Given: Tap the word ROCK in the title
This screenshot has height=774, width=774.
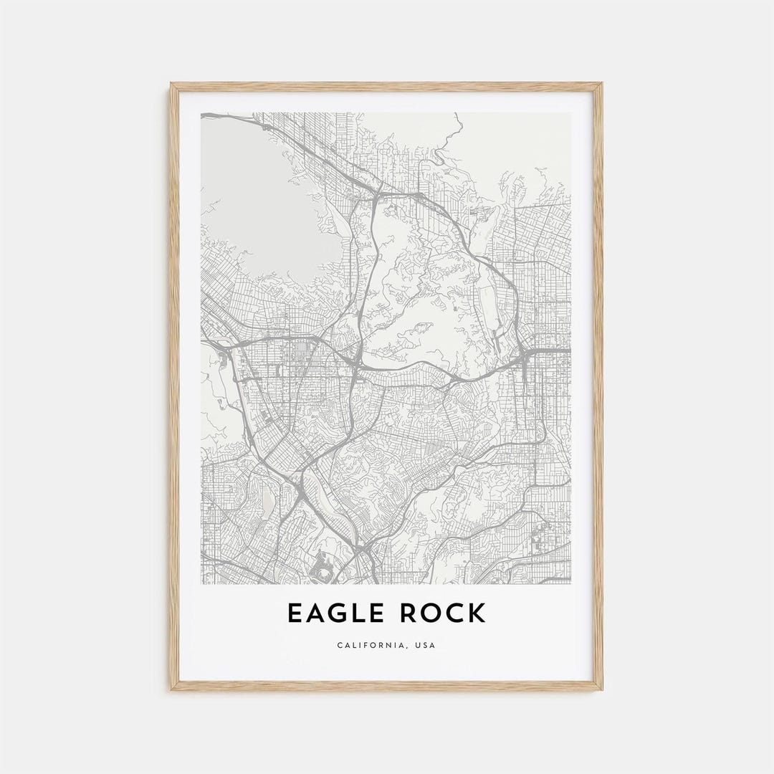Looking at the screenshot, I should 444,613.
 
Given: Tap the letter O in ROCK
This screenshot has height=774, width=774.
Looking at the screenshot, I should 432,613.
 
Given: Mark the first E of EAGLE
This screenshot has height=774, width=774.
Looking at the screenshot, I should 295,613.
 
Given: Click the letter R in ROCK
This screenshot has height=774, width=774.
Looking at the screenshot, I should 411,613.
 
